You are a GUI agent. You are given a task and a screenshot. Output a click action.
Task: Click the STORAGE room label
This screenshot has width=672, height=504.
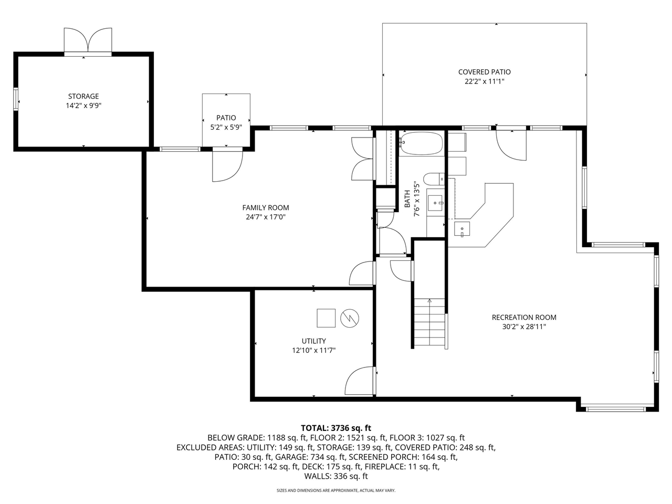pos(83,96)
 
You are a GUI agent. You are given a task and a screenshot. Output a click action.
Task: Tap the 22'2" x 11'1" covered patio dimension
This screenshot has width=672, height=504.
pos(484,81)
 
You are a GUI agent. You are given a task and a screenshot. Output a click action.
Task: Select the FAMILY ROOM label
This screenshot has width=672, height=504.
pos(266,207)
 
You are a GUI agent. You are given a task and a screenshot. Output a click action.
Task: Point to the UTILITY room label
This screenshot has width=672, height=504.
pos(313,341)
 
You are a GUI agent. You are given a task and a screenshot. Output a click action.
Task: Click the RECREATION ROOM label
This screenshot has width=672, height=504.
pos(524,317)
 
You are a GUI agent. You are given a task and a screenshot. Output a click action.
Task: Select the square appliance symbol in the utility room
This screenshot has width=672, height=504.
pos(326,318)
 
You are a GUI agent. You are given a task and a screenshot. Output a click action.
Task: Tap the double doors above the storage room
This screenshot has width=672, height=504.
pos(88,41)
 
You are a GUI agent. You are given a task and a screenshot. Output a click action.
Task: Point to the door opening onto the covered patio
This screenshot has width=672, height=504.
pos(511,144)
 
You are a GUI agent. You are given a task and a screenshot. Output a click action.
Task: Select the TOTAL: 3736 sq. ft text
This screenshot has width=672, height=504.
pos(336,428)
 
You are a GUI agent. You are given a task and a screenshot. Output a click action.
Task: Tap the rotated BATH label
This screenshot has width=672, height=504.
pos(407,199)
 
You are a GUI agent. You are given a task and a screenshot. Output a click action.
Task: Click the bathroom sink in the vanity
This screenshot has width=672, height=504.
pos(436,202)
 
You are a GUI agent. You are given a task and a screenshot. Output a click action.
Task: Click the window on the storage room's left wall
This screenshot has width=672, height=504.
pos(16,98)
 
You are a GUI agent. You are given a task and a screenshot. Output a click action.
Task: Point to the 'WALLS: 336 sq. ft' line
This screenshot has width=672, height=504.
pos(336,476)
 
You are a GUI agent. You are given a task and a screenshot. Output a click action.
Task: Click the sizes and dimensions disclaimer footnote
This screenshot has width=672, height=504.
pos(336,490)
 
